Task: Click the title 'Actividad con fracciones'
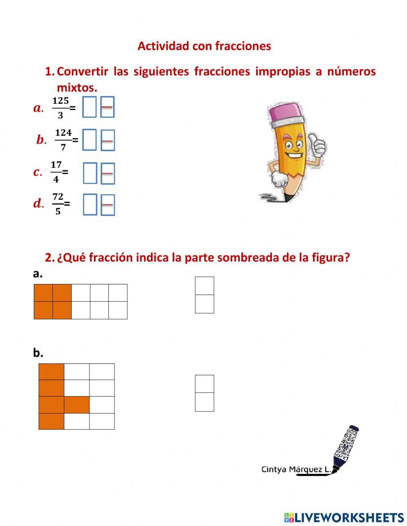(204, 46)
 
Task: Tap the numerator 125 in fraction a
(61, 101)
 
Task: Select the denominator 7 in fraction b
(63, 147)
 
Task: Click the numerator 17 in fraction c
(56, 165)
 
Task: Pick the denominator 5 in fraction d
(58, 211)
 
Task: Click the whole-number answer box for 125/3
(90, 107)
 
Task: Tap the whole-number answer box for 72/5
(90, 204)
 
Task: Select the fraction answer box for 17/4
(107, 173)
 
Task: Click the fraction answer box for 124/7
(107, 140)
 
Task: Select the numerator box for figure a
(204, 286)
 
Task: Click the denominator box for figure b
(204, 402)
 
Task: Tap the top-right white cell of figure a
(118, 293)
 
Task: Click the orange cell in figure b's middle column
(77, 405)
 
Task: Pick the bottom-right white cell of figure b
(102, 421)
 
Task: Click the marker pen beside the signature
(346, 448)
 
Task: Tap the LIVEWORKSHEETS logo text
(348, 517)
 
